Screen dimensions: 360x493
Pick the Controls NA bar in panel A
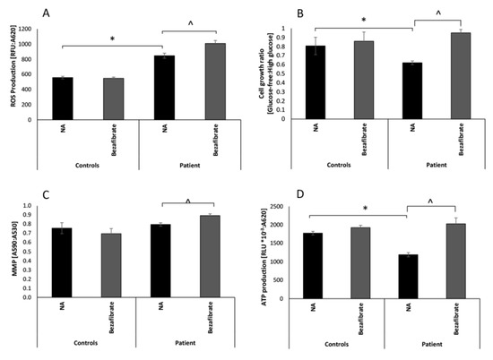(x=63, y=98)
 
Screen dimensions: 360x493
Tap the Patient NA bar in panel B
(x=411, y=90)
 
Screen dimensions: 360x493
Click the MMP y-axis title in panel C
(x=11, y=253)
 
